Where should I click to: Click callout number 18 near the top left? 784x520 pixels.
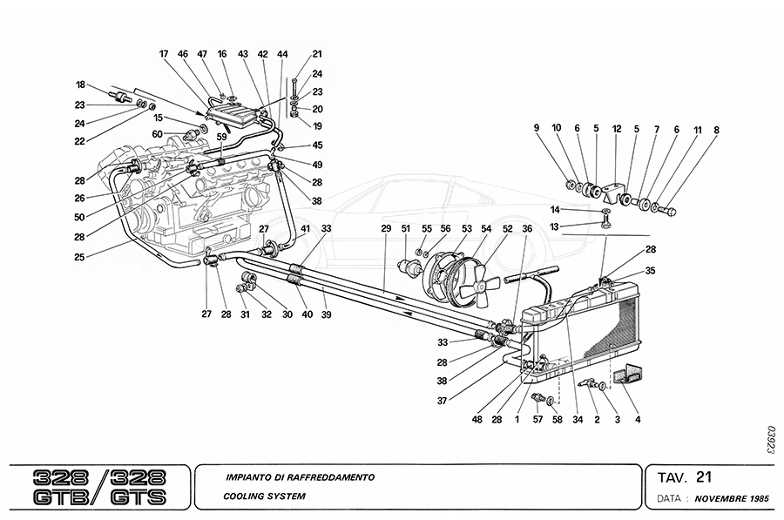[x=80, y=85]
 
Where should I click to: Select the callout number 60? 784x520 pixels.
[x=158, y=134]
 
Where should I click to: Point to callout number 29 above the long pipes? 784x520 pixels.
[x=386, y=228]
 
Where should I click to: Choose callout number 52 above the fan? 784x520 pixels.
[x=507, y=228]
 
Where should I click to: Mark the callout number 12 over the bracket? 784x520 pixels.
[x=617, y=129]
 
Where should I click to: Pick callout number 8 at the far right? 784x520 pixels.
[x=716, y=129]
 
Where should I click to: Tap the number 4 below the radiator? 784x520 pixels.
[x=638, y=420]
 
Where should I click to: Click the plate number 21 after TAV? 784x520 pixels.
[x=705, y=476]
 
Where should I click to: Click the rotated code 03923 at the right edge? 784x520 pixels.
[x=771, y=440]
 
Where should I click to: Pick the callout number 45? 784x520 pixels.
[x=317, y=145]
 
